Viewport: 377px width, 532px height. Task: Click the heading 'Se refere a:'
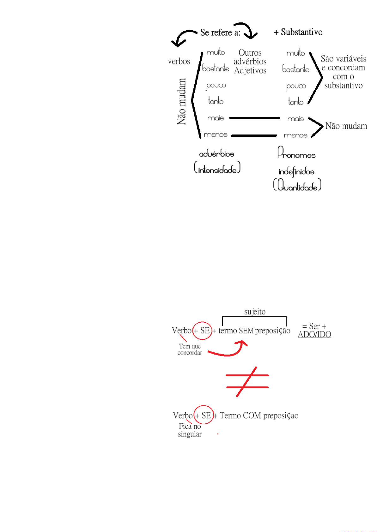(x=220, y=32)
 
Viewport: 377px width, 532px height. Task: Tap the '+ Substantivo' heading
(x=298, y=32)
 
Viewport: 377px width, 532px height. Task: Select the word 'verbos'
(x=179, y=61)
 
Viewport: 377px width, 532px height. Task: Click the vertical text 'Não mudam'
(x=181, y=102)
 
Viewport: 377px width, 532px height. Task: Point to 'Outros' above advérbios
(x=250, y=53)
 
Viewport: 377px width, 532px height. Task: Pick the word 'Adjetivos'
(x=250, y=70)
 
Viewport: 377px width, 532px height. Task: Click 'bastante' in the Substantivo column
(x=296, y=69)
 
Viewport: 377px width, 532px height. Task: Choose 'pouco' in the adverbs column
(x=216, y=86)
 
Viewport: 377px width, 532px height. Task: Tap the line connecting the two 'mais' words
(x=254, y=118)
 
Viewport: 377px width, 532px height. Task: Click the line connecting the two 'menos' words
(x=254, y=135)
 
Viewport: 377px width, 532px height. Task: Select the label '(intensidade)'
(x=217, y=168)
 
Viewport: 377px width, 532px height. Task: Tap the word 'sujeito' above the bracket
(x=255, y=312)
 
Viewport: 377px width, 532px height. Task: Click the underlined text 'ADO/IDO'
(x=314, y=335)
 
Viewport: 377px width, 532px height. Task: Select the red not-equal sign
(x=247, y=381)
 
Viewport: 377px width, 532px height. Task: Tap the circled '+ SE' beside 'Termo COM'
(x=203, y=415)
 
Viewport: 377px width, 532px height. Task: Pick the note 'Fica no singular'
(x=190, y=430)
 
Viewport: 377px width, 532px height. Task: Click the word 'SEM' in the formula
(x=246, y=331)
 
